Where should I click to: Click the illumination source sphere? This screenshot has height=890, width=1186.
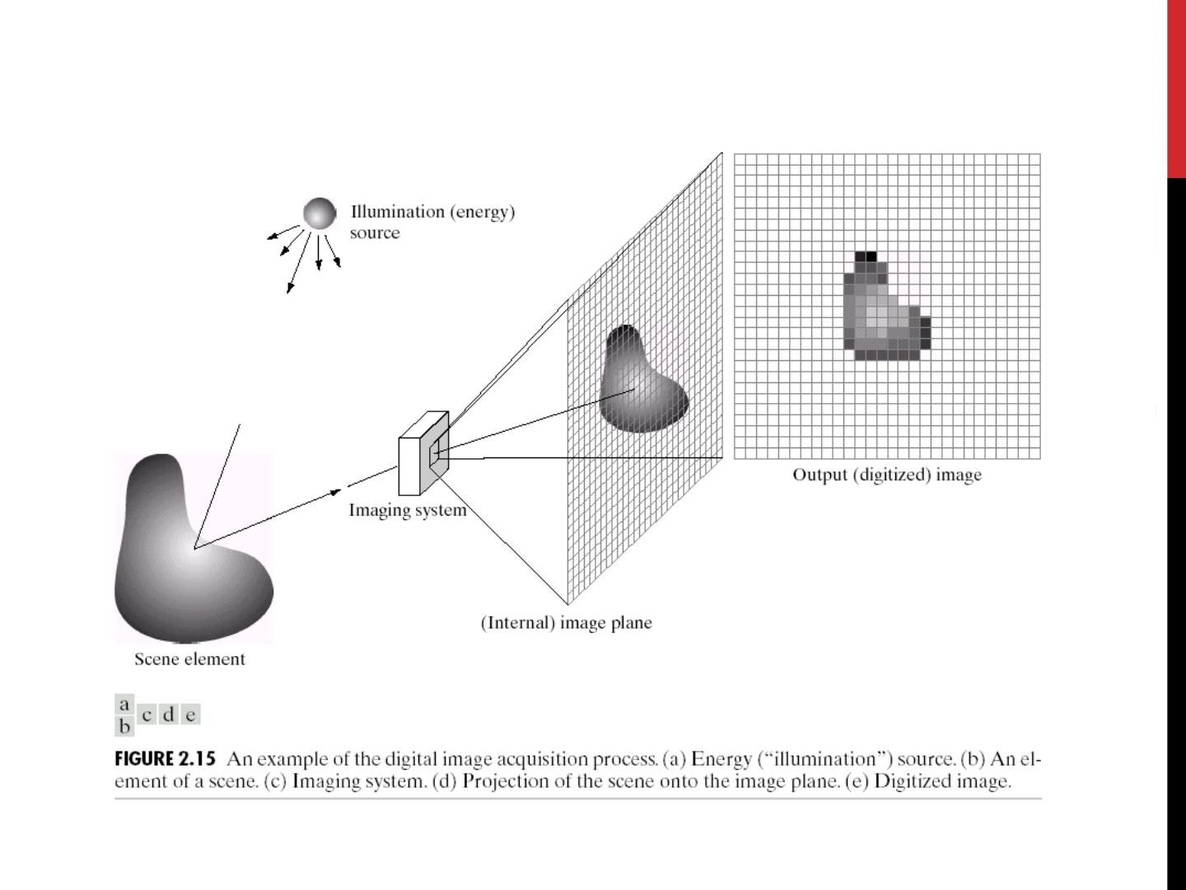[x=320, y=213]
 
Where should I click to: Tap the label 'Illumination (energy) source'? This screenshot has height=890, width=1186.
[x=432, y=221]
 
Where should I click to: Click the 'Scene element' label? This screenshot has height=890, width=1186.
[x=189, y=659]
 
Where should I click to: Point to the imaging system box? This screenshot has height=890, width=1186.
[x=423, y=453]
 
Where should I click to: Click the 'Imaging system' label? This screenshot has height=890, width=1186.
[x=408, y=510]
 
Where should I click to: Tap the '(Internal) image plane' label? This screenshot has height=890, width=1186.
[x=566, y=623]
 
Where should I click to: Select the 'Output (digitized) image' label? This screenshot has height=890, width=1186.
[x=887, y=475]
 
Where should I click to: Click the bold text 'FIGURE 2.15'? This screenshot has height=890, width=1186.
[x=165, y=759]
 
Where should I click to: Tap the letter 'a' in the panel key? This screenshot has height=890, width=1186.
[x=124, y=705]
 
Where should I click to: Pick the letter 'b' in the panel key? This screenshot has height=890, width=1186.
[x=124, y=726]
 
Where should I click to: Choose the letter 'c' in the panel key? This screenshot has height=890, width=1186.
[x=147, y=714]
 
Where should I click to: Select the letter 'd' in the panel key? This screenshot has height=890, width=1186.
[x=169, y=714]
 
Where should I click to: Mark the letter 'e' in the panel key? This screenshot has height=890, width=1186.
[x=190, y=714]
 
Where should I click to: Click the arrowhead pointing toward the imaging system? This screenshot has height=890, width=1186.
[x=335, y=492]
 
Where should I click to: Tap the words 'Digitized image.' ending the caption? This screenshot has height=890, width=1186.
[x=942, y=781]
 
